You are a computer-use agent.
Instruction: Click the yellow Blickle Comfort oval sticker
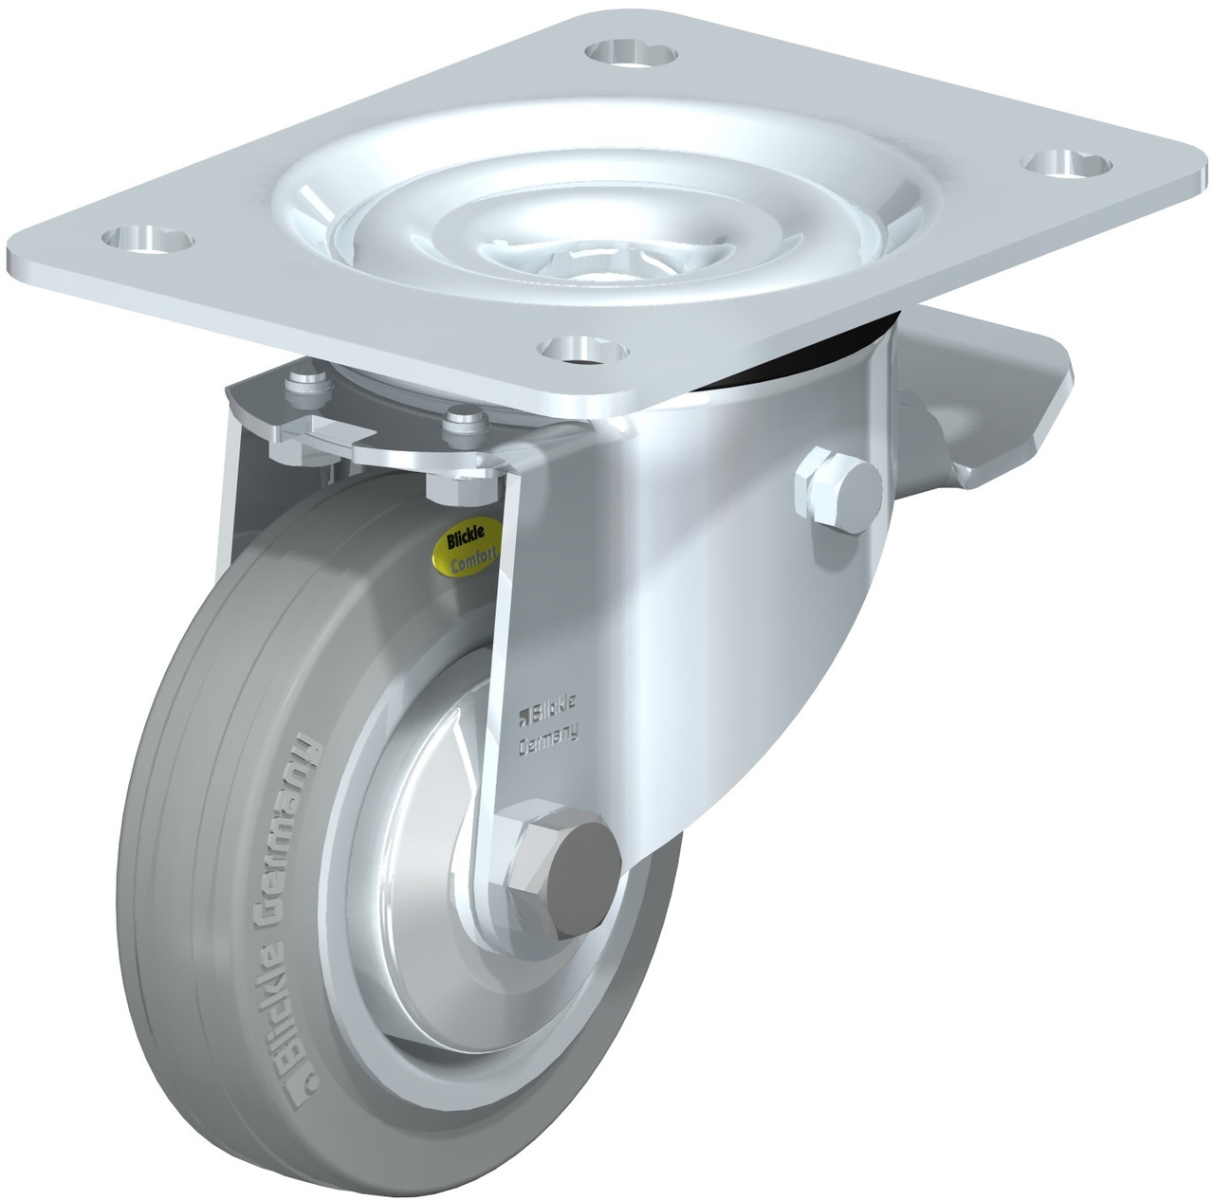(466, 547)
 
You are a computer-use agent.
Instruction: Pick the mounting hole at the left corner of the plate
(147, 240)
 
